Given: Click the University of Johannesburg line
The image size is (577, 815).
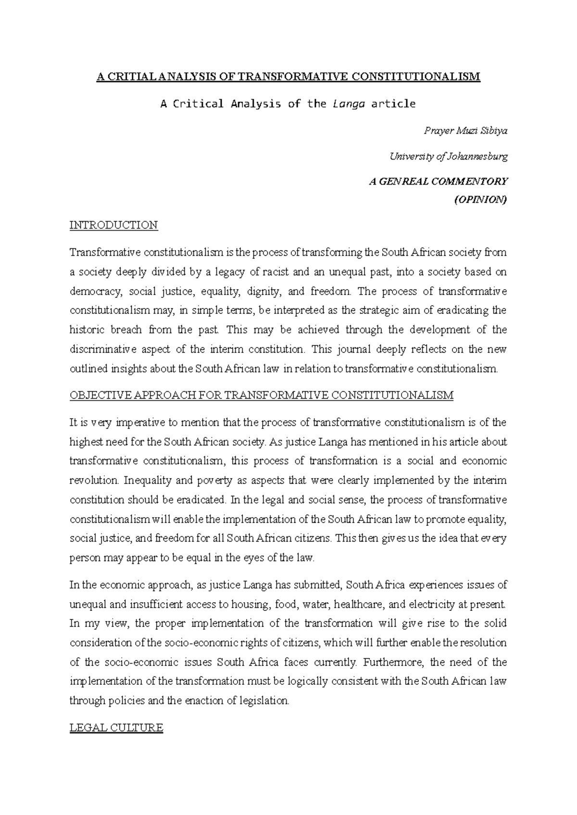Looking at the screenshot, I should (x=448, y=156).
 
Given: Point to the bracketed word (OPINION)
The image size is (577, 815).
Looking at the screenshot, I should (x=480, y=200).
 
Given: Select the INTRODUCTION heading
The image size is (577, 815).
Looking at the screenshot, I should (x=113, y=225).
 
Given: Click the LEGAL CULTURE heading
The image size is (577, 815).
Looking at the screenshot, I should (x=116, y=728).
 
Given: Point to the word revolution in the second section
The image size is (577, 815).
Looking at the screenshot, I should (x=93, y=481).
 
